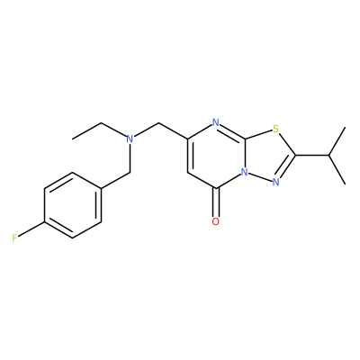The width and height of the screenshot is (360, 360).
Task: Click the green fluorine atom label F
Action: click(x=14, y=238)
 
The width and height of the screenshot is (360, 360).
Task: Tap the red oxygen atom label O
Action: click(x=215, y=221)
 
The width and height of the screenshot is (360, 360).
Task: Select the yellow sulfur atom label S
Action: click(x=276, y=130)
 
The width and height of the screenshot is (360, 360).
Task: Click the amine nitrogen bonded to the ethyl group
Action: click(x=130, y=139)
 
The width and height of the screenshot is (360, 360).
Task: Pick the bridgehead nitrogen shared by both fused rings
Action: click(x=245, y=172)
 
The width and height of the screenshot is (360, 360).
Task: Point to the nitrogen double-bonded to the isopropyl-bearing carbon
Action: click(x=276, y=182)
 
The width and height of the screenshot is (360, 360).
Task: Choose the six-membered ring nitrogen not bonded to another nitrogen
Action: click(x=215, y=122)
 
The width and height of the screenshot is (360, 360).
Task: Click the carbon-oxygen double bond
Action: click(x=216, y=202)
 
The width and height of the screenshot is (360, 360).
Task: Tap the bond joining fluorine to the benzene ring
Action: click(x=31, y=229)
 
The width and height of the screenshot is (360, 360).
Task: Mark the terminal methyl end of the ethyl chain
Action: click(x=72, y=139)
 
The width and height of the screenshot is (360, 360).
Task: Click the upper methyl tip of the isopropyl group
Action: click(x=346, y=128)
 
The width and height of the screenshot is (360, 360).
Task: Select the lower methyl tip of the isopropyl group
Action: click(x=346, y=184)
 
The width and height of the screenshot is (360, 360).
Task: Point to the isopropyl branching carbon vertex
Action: click(x=328, y=156)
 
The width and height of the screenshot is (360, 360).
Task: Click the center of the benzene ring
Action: click(x=72, y=205)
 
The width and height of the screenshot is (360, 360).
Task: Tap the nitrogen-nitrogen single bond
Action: click(x=260, y=177)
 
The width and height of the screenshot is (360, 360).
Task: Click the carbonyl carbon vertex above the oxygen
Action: click(x=216, y=189)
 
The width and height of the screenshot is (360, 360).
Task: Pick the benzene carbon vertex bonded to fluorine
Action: click(x=44, y=222)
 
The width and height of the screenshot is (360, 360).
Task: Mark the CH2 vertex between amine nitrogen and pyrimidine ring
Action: click(x=158, y=122)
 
